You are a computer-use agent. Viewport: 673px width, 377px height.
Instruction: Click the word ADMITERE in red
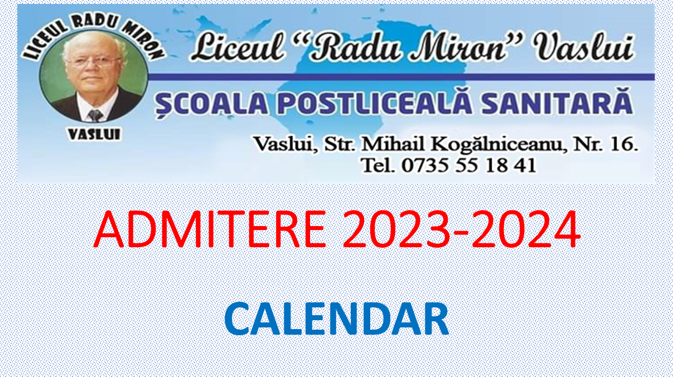(210, 229)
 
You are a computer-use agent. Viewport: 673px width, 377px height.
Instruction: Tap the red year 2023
(396, 229)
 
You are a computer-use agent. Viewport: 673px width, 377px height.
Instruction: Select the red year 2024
(526, 229)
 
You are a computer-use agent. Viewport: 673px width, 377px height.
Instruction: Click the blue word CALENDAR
(337, 319)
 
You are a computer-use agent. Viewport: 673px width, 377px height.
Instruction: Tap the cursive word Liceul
(238, 47)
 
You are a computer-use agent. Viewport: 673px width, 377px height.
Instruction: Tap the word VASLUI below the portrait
(95, 134)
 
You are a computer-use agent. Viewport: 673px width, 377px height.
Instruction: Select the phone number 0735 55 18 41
(469, 165)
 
